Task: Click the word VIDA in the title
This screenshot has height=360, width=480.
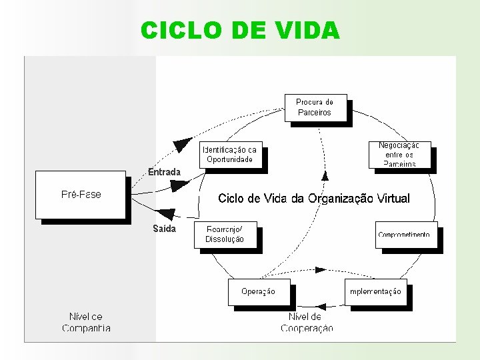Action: point(307,30)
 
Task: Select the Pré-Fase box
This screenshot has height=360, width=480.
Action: point(81,195)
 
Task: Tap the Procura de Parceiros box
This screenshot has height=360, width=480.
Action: point(315,107)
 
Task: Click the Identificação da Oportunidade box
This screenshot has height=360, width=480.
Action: point(229,155)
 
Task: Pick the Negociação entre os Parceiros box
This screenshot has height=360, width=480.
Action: point(398,154)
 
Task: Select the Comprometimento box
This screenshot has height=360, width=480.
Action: point(404,234)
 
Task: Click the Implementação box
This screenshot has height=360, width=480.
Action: point(375,291)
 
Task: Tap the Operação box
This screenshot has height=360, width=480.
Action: point(259,291)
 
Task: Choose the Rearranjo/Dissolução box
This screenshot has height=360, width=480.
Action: point(225,235)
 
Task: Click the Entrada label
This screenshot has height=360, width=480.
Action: point(164,172)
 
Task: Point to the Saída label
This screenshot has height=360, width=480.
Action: point(164,229)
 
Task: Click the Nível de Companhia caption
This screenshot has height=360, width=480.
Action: point(86,322)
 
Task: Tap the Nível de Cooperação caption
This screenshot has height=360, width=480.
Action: point(307,322)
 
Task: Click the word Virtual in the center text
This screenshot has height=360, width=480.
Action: point(393,199)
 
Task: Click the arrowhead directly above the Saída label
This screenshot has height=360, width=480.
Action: point(167,214)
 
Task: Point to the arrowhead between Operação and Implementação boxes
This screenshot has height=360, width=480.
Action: point(321,270)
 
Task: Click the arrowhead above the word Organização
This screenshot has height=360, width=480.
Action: point(325,176)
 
